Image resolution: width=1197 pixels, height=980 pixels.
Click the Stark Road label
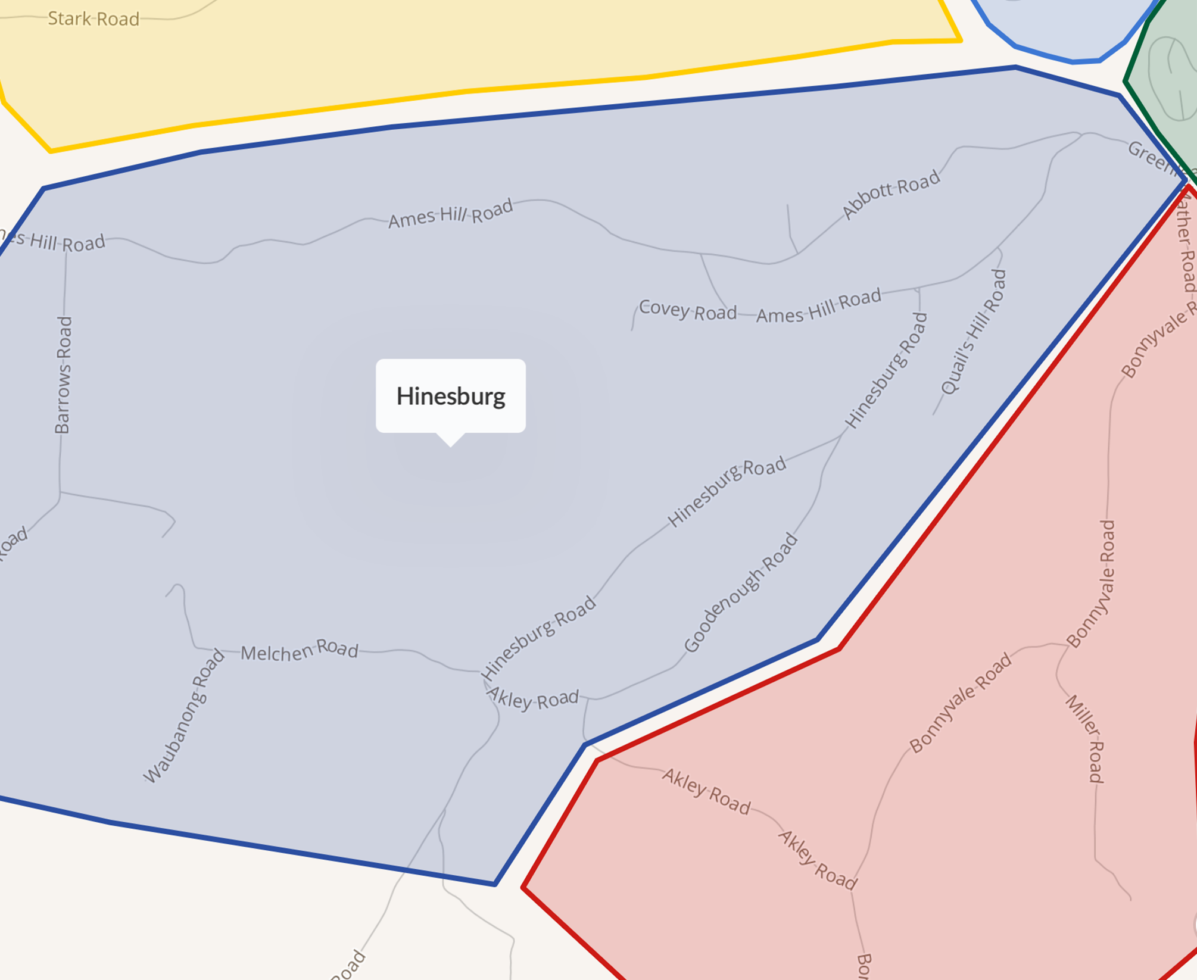coord(93,19)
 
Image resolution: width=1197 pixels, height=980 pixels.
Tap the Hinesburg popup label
coord(451,396)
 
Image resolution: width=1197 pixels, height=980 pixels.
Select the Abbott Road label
coord(891,194)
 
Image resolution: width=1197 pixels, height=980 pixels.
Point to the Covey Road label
coord(688,310)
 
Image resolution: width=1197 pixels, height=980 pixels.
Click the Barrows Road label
coord(63,375)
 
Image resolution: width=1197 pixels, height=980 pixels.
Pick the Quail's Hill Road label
coord(974,332)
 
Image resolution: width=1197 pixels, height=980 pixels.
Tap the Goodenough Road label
coord(740,593)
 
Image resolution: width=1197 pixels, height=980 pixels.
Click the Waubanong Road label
coord(185,716)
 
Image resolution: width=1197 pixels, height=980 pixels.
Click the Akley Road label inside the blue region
coord(533,698)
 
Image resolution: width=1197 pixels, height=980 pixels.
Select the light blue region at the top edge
coord(1066,27)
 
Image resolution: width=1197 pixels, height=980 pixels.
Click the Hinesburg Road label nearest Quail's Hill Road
coord(887,370)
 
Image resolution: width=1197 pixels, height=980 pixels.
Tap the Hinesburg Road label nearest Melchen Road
coord(539,637)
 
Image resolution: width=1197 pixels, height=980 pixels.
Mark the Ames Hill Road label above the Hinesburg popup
coord(450,213)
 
